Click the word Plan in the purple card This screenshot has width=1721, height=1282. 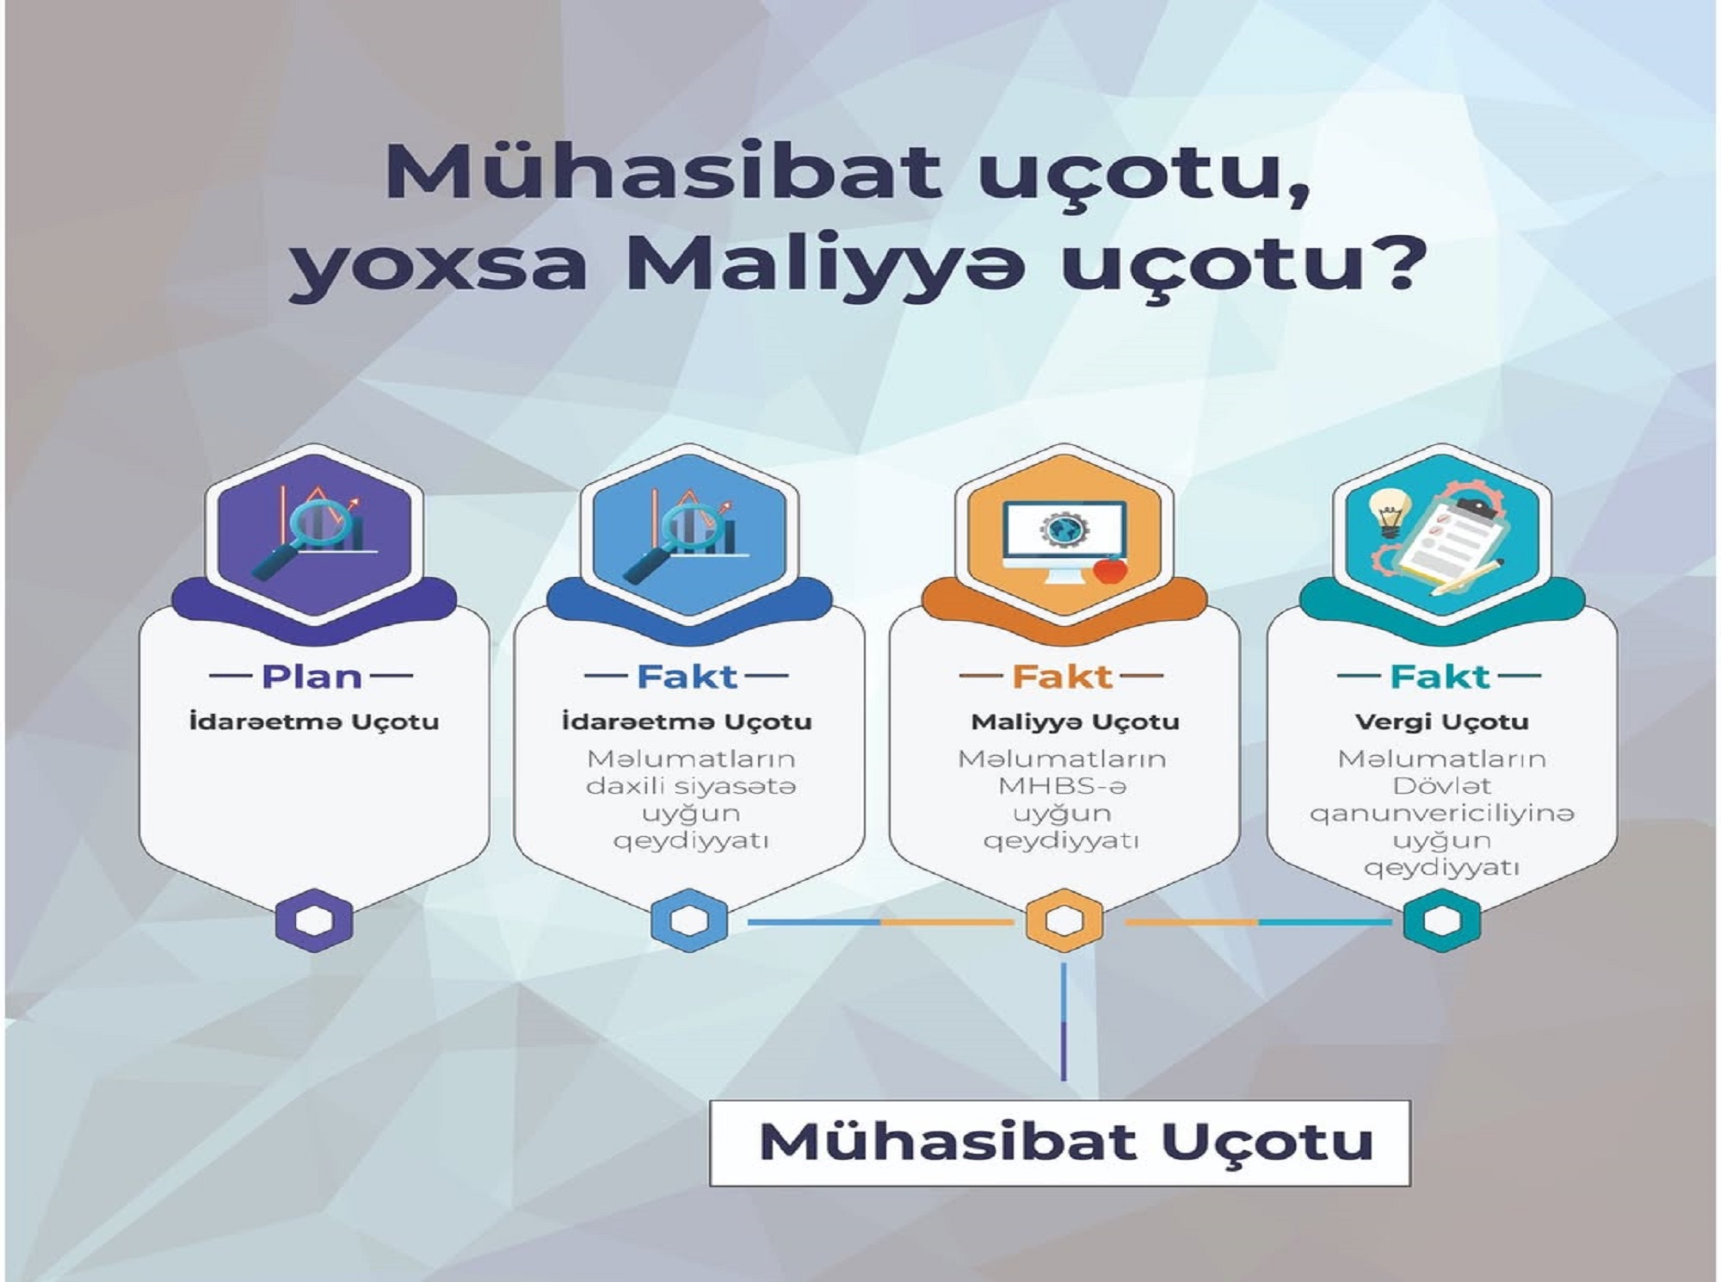[x=312, y=677]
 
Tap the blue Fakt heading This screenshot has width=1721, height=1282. [x=687, y=677]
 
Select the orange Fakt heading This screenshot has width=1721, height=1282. [x=1062, y=677]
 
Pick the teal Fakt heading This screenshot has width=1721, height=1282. [x=1439, y=677]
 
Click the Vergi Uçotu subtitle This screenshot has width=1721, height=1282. [x=1441, y=722]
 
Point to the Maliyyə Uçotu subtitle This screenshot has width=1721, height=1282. [x=1075, y=722]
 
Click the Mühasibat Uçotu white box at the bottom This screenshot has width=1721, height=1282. [x=1059, y=1143]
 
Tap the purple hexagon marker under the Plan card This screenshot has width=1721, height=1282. [x=314, y=920]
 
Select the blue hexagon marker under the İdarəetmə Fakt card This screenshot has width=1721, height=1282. [x=689, y=920]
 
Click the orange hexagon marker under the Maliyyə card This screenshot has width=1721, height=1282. [x=1064, y=920]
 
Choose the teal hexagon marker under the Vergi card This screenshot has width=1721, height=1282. [x=1441, y=920]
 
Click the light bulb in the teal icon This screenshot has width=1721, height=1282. [x=1387, y=514]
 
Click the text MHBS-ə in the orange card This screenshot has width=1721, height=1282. [x=1062, y=786]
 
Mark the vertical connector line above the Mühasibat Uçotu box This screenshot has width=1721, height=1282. [x=1064, y=1022]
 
